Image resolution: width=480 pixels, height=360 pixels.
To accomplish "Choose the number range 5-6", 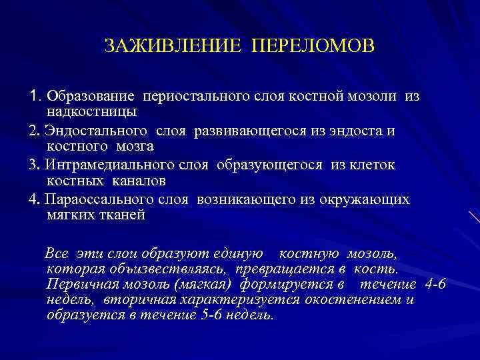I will (x=215, y=314).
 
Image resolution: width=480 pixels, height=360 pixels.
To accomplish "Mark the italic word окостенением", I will (x=353, y=299).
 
